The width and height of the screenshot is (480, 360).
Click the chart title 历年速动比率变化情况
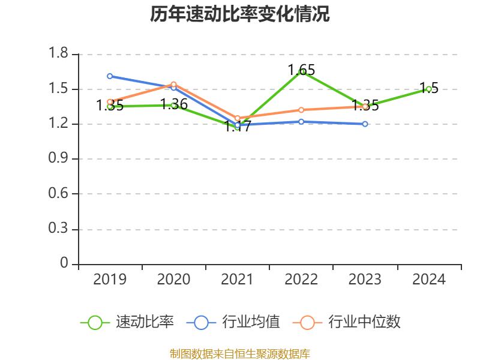240,14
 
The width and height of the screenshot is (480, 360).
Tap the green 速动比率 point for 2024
429,89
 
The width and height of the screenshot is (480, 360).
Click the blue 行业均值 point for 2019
110,76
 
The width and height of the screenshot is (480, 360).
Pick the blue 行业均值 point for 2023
365,124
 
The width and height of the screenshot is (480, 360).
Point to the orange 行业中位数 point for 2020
174,84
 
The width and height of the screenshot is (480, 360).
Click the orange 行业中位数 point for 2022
301,110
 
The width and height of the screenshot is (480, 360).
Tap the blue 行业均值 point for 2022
301,121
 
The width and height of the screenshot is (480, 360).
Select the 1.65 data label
301,70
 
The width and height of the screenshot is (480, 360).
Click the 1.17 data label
238,127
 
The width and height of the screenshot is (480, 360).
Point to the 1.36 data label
174,104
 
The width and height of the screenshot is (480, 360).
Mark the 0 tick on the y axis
65,264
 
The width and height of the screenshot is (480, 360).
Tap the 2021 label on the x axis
238,279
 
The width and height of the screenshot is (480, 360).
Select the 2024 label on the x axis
429,279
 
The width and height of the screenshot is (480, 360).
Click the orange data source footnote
240,353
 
